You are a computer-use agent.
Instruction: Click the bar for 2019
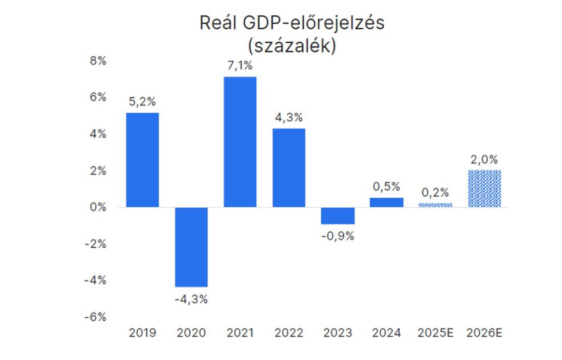[142, 160]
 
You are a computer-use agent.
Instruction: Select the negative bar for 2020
[191, 247]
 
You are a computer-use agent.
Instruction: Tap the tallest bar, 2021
[240, 142]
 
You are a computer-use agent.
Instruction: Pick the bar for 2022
[289, 168]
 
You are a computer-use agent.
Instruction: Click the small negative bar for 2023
[337, 216]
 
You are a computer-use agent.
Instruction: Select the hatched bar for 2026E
[484, 189]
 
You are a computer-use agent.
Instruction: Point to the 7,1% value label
[241, 65]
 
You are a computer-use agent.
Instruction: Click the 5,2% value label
[143, 102]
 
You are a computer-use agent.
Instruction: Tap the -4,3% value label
[191, 299]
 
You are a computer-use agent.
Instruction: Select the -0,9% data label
[337, 236]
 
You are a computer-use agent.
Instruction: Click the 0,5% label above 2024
[387, 187]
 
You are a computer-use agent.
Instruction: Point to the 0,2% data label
[435, 192]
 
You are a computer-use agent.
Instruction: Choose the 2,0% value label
[484, 159]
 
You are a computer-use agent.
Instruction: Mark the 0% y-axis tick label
[97, 207]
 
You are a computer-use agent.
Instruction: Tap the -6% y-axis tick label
[96, 317]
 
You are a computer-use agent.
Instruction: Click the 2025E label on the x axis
[435, 333]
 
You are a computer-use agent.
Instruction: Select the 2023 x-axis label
[337, 333]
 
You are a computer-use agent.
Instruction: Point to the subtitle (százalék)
[291, 46]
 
